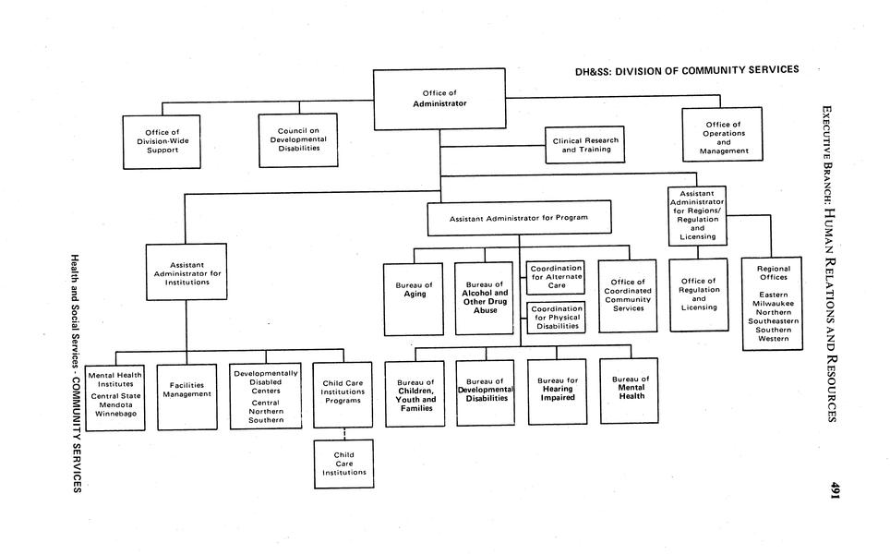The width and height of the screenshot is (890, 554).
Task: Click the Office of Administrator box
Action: (x=439, y=99)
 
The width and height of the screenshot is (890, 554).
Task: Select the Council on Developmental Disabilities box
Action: (x=292, y=139)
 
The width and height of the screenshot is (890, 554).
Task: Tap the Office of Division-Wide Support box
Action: (x=162, y=141)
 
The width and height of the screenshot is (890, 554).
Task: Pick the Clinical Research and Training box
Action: (x=584, y=145)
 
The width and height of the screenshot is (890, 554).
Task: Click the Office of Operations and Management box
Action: (x=722, y=135)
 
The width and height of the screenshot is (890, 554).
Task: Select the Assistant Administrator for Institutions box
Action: (x=186, y=271)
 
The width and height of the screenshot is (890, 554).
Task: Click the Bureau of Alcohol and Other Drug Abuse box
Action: (x=485, y=297)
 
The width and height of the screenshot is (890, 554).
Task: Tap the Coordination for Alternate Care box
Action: (x=556, y=278)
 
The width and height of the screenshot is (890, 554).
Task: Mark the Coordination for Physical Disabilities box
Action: (x=556, y=318)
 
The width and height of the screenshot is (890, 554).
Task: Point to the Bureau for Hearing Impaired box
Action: (x=558, y=391)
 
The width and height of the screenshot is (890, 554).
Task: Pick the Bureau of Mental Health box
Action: (x=629, y=391)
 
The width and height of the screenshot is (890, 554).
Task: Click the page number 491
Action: (x=834, y=490)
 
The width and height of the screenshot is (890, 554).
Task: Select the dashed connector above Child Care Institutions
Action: (x=343, y=433)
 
